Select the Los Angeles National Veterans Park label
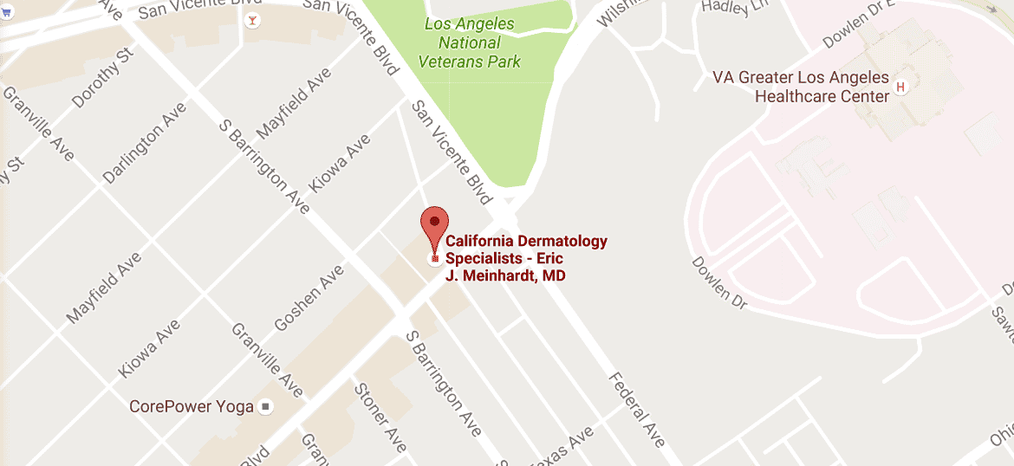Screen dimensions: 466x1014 point(470,43)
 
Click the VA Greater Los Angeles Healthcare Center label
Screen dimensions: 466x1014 point(801,86)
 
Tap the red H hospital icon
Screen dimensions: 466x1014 point(900,87)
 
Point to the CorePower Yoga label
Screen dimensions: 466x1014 point(191,406)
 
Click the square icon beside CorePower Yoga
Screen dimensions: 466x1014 point(266,406)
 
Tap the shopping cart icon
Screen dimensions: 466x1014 point(7,39)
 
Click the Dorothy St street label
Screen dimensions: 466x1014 point(102,78)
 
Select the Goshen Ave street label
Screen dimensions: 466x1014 point(309,299)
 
